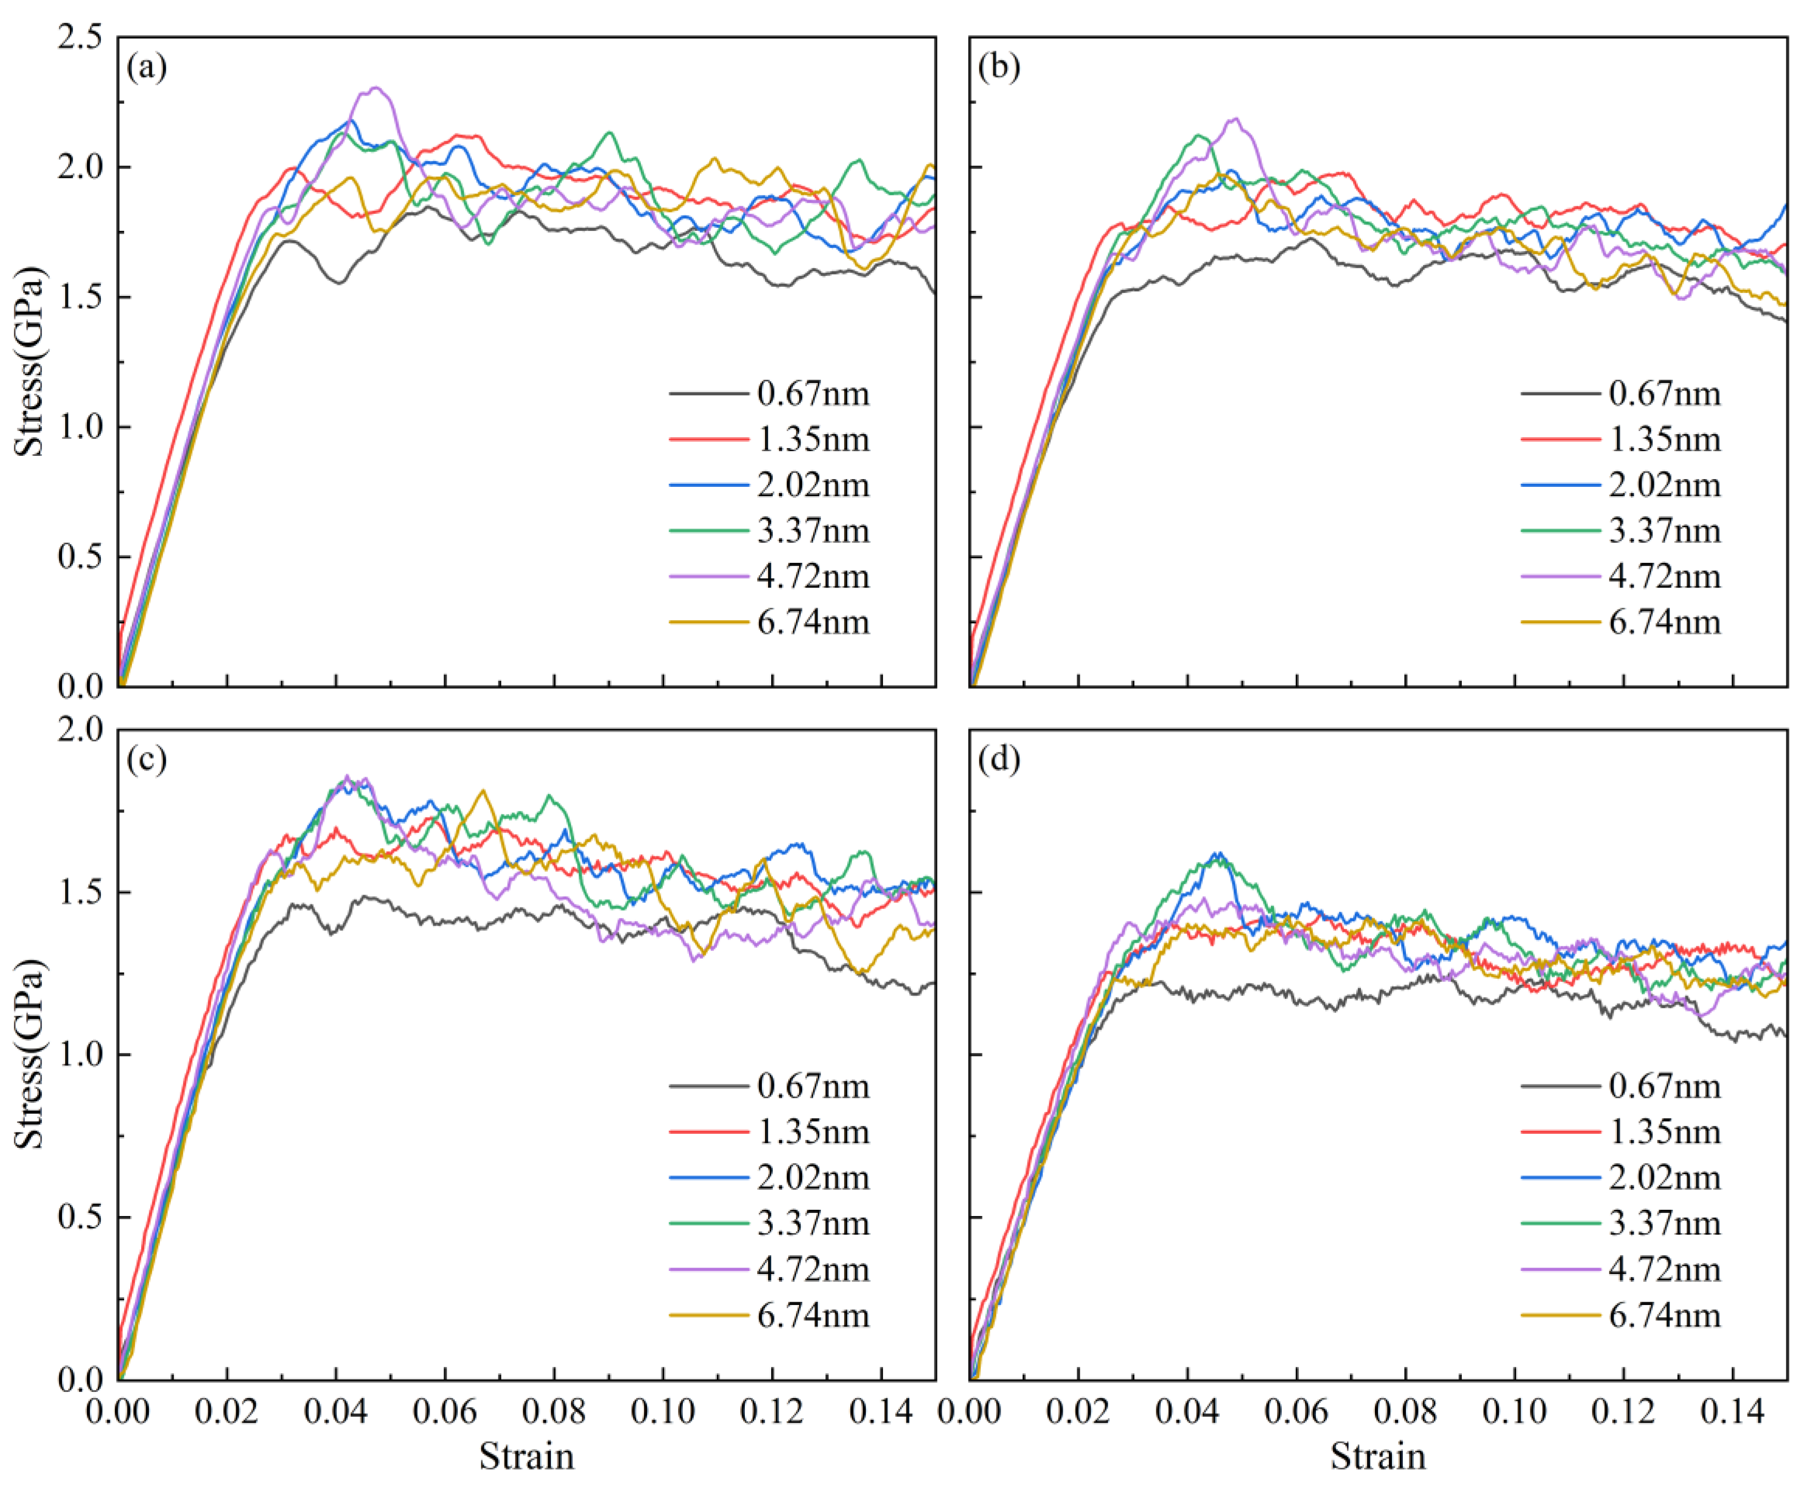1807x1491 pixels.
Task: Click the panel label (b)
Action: coord(999,67)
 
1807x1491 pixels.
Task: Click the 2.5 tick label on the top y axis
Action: coord(79,38)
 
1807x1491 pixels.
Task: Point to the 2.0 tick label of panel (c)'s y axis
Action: coord(79,731)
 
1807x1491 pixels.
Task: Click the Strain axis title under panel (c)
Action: coord(527,1456)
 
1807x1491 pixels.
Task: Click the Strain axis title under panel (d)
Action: coord(1379,1456)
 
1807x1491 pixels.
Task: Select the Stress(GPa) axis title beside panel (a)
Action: coord(31,361)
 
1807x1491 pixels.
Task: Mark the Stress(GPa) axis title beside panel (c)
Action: coord(31,1053)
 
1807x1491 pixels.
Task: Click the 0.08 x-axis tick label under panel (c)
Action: coord(554,1411)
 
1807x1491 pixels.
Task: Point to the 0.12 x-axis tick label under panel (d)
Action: coord(1623,1411)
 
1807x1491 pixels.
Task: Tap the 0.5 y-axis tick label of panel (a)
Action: coord(79,557)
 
